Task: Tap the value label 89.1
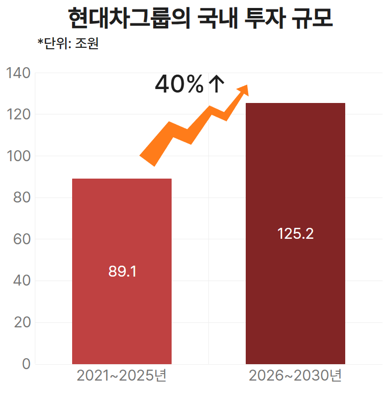pyautogui.click(x=122, y=272)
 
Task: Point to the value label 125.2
pyautogui.click(x=295, y=233)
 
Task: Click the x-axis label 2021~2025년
pyautogui.click(x=121, y=376)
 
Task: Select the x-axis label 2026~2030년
pyautogui.click(x=295, y=376)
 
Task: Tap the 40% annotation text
pyautogui.click(x=179, y=84)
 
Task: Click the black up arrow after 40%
pyautogui.click(x=215, y=84)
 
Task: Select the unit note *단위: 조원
pyautogui.click(x=68, y=44)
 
